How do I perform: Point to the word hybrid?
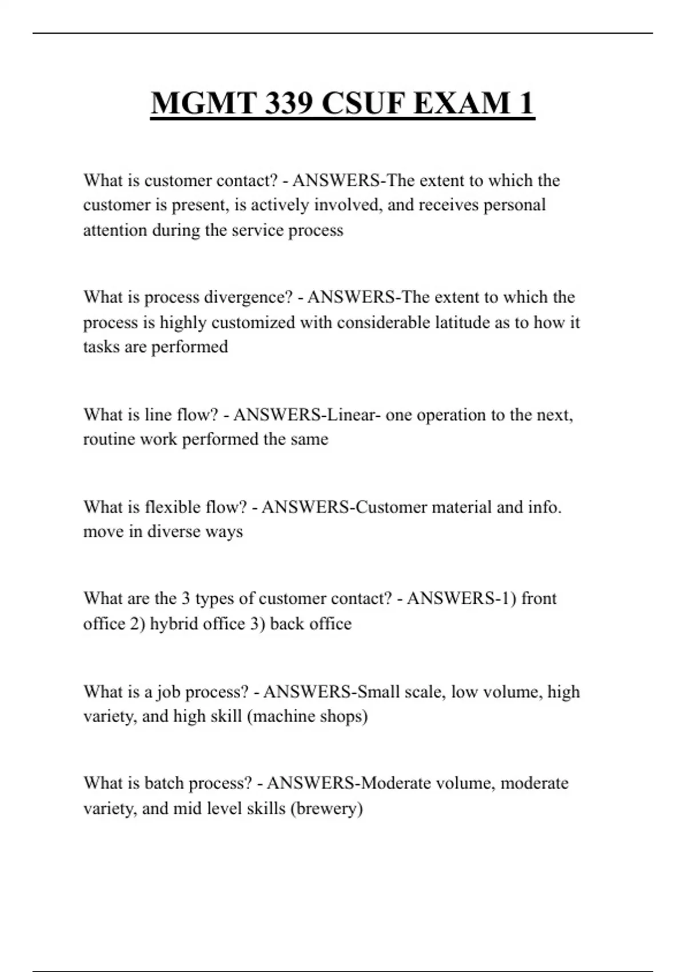pos(172,623)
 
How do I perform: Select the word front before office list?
pos(539,599)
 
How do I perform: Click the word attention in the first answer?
pos(115,230)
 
